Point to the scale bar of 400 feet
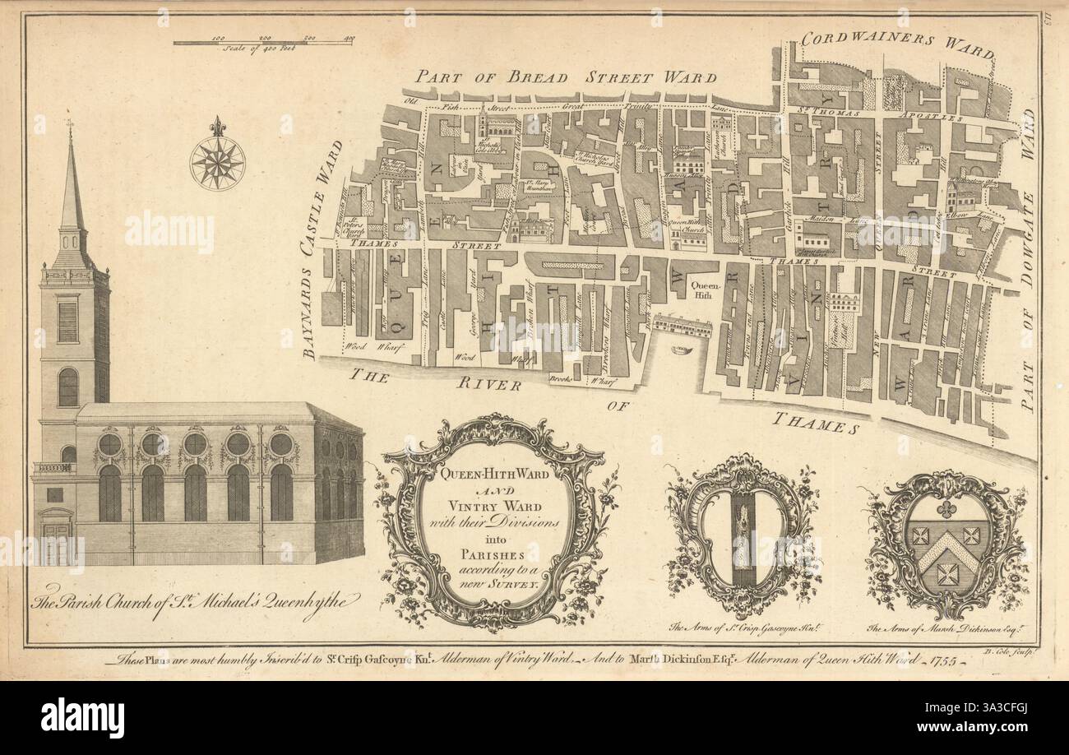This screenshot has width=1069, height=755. click(262, 42)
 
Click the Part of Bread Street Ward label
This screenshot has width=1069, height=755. click(566, 77)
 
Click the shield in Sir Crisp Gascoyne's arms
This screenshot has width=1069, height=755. click(744, 536)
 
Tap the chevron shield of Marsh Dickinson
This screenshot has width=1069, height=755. click(947, 544)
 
